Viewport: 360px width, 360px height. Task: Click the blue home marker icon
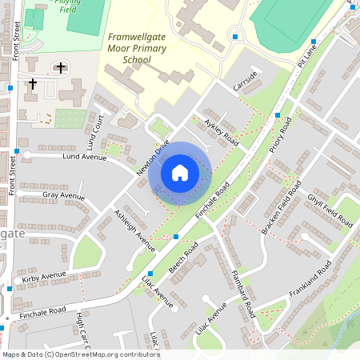pos(180,173)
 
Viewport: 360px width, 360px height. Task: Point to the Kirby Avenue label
pos(44,277)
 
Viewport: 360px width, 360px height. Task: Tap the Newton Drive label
pos(153,158)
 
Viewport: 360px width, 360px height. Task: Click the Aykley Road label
pos(222,132)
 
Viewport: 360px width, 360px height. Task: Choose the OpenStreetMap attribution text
pos(80,354)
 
